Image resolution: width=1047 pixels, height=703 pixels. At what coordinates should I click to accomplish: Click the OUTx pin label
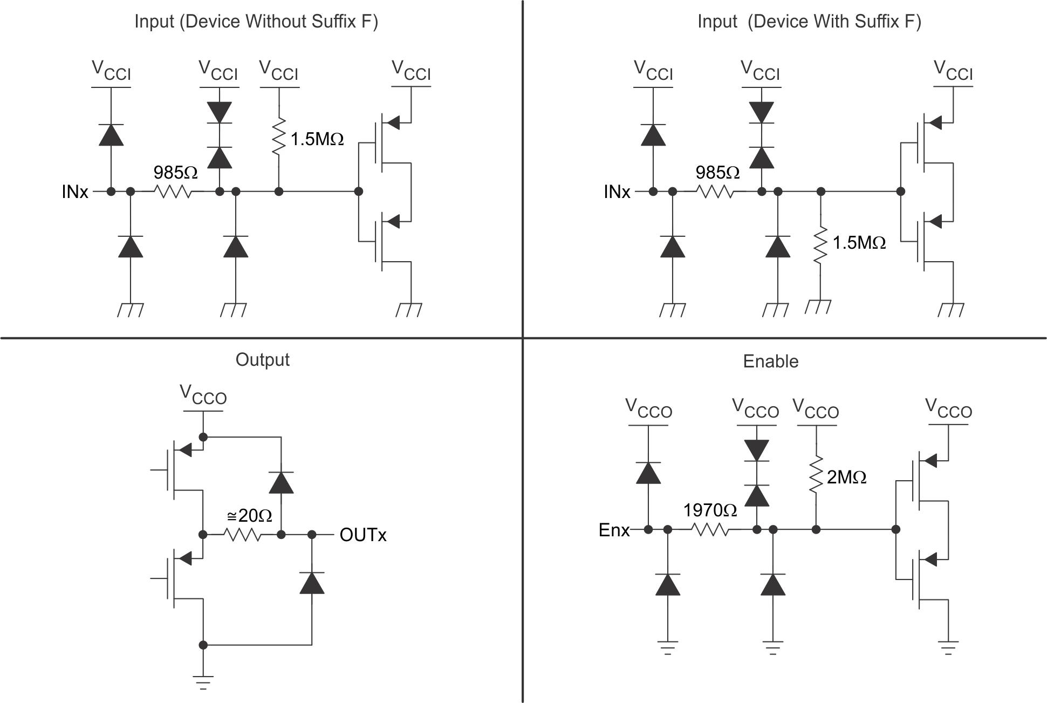tap(363, 535)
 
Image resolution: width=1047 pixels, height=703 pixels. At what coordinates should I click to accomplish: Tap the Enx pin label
tap(614, 530)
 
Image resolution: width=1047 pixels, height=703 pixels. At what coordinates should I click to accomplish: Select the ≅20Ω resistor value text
tap(249, 516)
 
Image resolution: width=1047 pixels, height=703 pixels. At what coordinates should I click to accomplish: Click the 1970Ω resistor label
tap(710, 510)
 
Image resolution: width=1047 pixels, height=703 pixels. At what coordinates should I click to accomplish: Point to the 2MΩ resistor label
tap(846, 477)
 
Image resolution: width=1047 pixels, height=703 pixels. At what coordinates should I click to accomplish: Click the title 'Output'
tap(262, 360)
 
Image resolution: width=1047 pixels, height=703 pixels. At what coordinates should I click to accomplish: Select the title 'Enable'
tap(770, 361)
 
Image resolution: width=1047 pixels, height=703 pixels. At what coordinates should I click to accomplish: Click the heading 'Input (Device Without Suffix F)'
tap(256, 22)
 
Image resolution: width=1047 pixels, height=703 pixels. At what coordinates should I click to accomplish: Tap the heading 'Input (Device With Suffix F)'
tap(809, 22)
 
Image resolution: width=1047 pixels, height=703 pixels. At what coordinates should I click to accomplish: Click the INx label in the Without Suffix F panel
tap(75, 192)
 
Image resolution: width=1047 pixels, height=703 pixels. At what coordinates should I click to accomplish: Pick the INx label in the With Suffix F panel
tap(617, 192)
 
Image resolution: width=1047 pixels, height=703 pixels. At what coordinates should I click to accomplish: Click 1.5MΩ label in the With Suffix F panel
tap(859, 243)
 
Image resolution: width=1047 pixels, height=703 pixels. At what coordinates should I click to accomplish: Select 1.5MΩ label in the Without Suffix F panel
tap(317, 140)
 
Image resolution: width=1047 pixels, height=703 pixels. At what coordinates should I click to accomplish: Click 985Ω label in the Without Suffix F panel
tap(175, 173)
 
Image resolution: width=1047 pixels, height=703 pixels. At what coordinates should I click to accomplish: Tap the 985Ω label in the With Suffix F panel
tap(717, 173)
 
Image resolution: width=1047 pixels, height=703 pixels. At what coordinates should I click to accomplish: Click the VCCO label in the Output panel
tap(203, 395)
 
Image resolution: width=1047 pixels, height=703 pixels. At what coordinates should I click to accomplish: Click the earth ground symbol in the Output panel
tap(203, 682)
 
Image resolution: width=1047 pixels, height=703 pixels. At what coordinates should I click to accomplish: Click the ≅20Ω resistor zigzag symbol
tap(242, 535)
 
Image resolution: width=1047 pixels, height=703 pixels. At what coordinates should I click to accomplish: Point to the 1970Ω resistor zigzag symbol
tap(709, 530)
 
